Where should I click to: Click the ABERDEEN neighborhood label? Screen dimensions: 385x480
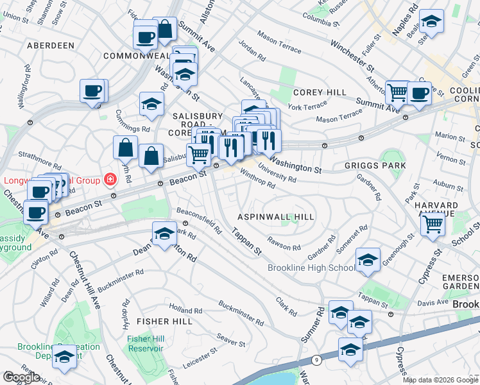tap(51, 46)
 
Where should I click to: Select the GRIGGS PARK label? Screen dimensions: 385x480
tap(384, 166)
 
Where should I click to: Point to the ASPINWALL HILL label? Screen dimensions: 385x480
tap(276, 217)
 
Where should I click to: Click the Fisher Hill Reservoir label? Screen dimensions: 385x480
tap(144, 343)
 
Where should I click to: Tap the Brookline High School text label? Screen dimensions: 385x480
tap(311, 268)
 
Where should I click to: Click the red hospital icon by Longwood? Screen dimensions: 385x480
tap(111, 179)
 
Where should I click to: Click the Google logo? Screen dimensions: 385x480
tap(21, 377)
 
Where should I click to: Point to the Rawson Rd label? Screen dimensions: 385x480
tap(284, 244)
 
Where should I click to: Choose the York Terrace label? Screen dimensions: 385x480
tap(307, 106)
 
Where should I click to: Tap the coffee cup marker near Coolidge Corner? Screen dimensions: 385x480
tap(420, 94)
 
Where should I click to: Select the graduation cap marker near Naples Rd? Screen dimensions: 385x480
tap(433, 22)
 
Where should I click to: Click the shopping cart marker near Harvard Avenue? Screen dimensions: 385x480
tap(433, 224)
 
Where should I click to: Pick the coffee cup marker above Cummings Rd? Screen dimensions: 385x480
tap(92, 90)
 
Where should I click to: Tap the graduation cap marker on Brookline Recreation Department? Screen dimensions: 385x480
tap(64, 357)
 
